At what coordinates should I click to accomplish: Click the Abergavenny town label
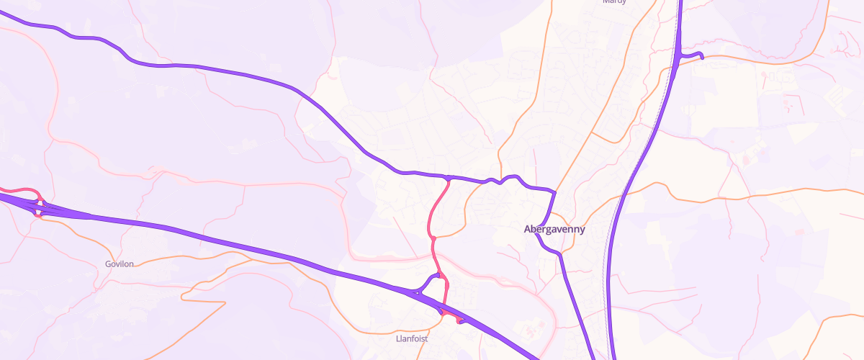(554, 230)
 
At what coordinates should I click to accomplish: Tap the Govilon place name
(119, 264)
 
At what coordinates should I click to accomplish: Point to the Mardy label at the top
(614, 2)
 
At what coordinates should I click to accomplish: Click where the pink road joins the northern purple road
(449, 177)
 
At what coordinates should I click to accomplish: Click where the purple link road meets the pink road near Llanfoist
(440, 275)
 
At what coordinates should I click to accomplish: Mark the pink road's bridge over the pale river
(434, 255)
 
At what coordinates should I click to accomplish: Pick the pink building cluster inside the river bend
(531, 332)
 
